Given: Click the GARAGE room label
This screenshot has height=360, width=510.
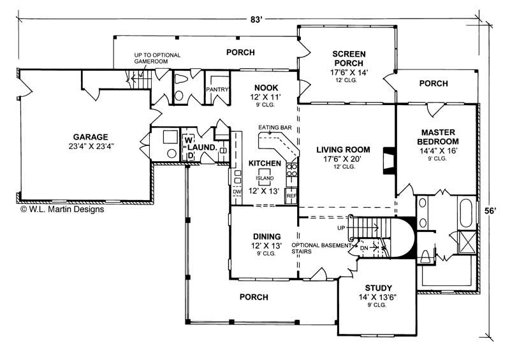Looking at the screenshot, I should (90, 136).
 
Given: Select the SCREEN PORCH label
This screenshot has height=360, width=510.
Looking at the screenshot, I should (347, 59).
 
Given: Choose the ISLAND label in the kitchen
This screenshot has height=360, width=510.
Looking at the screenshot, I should (266, 178).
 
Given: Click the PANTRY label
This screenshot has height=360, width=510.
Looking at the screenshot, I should (217, 90).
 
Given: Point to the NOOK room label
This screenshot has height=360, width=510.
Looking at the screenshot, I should (265, 87).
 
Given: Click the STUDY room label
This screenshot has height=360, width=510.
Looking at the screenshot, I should (379, 288).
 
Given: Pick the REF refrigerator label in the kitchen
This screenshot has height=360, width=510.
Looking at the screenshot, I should (291, 196).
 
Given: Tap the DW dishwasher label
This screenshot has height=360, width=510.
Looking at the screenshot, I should (237, 191).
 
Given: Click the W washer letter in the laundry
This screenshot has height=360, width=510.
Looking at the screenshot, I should (189, 140).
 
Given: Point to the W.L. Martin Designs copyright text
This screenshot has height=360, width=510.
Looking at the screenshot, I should (62, 208).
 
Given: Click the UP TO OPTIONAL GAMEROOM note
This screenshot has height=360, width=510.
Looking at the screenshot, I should (157, 59).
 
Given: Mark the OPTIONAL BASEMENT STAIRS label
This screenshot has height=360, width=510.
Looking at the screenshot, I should (321, 248).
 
